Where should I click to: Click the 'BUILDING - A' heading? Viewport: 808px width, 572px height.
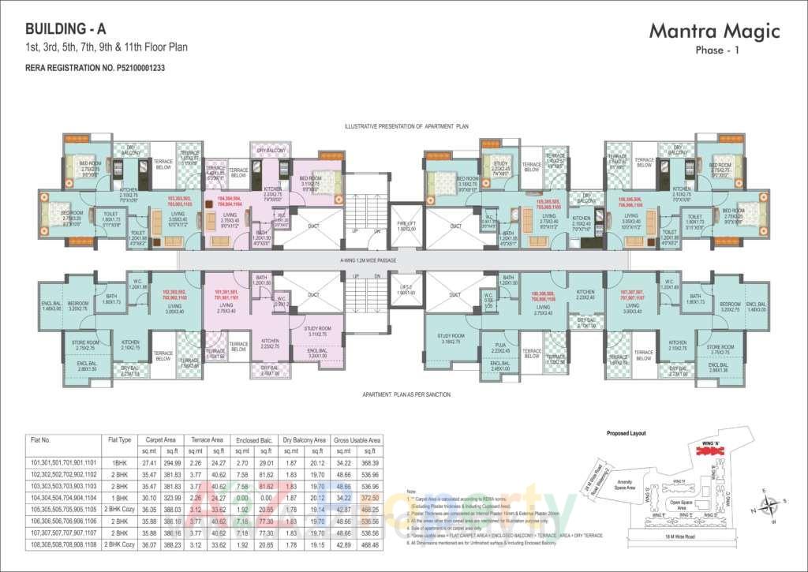click(65, 28)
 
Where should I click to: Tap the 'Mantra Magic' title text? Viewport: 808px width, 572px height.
click(714, 31)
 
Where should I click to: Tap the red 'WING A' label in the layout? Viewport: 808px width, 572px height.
click(710, 447)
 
